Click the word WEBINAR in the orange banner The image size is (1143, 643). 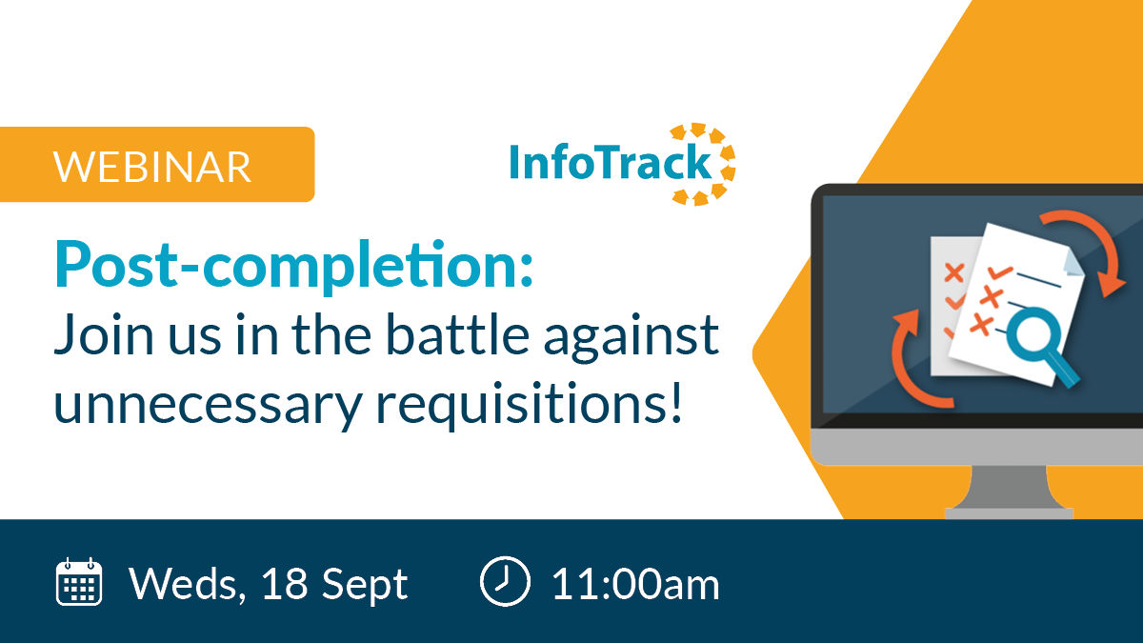coord(152,167)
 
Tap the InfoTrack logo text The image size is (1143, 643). coord(611,162)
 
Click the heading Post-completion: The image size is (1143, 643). coord(293,267)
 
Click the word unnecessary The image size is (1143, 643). coord(208,407)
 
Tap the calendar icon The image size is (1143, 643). coord(78,582)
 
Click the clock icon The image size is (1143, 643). coord(505,581)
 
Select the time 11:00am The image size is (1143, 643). coord(636,584)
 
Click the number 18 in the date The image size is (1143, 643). coord(285,584)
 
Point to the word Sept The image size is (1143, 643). coord(365,585)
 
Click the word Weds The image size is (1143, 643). coord(188,585)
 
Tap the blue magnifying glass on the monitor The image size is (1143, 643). coord(1042,345)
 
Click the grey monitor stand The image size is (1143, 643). coord(1009,492)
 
